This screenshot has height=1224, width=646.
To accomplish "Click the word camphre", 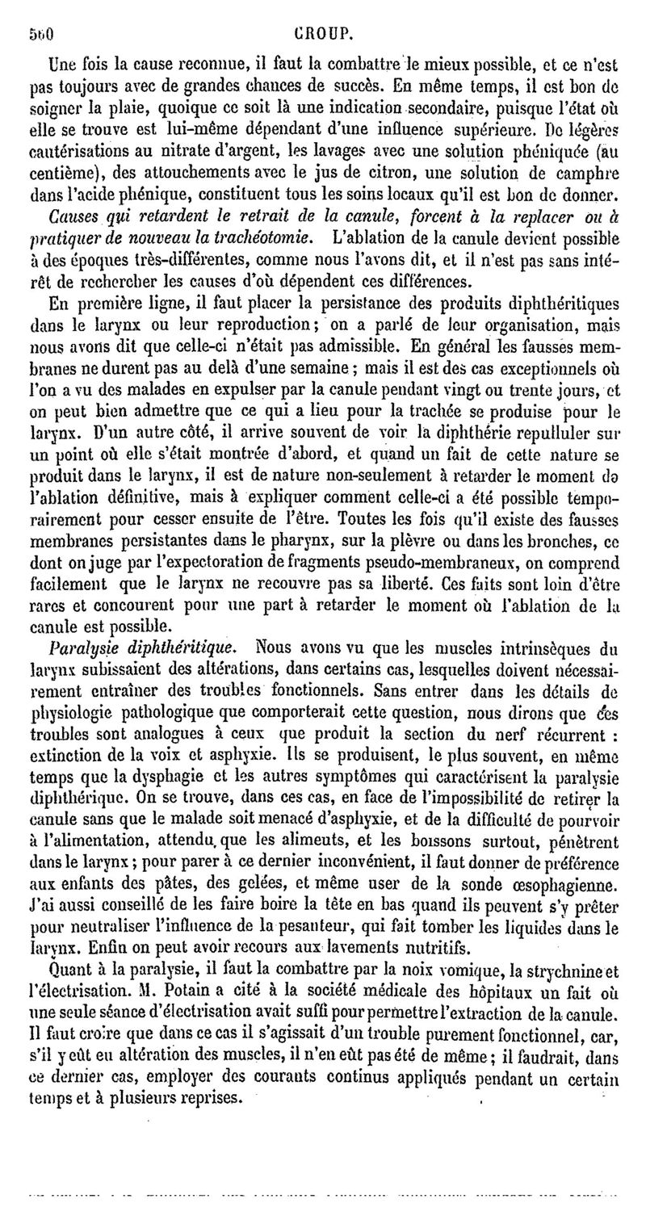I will tap(589, 174).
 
